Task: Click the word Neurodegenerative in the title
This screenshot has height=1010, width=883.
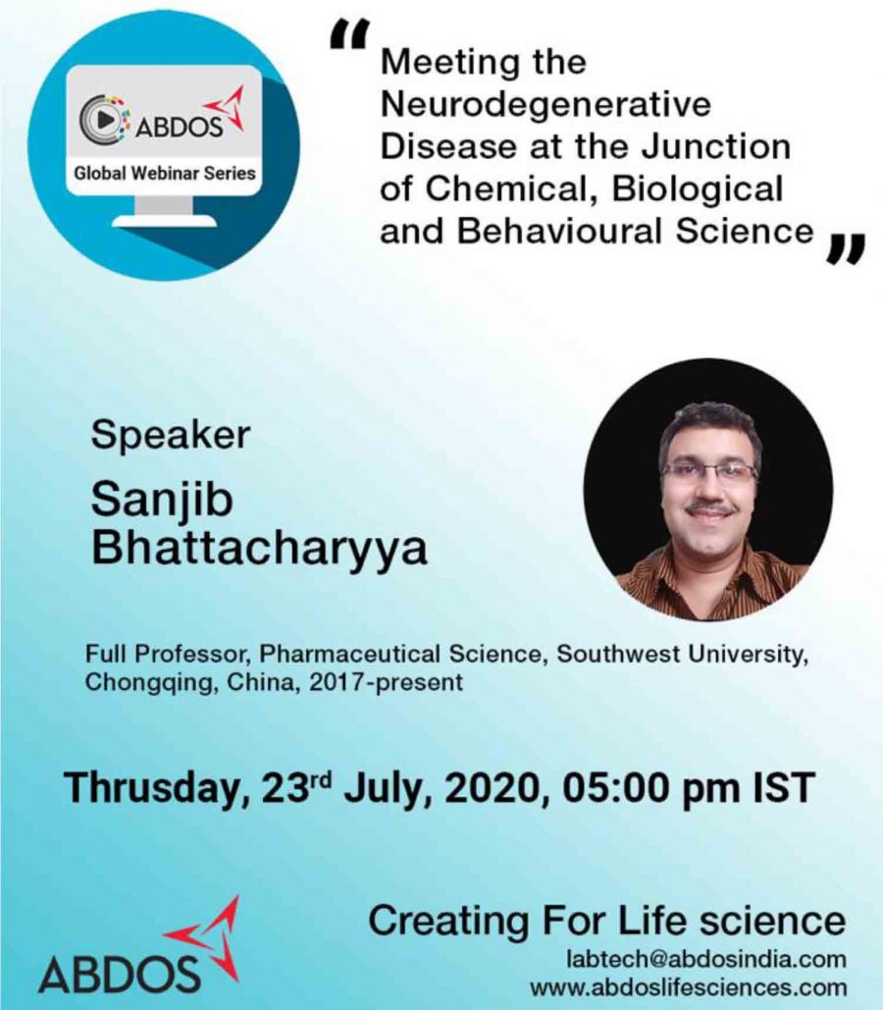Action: click(x=545, y=104)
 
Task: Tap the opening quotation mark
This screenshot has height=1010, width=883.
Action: click(x=349, y=34)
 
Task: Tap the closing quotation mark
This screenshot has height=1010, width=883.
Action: click(x=845, y=248)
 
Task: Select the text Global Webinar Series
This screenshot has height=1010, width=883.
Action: click(x=165, y=174)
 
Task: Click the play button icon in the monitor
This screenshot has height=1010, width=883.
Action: click(x=106, y=119)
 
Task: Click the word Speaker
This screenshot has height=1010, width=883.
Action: click(x=170, y=436)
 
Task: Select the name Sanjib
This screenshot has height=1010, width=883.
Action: click(x=162, y=501)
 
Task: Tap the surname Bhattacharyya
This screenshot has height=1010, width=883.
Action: click(x=259, y=550)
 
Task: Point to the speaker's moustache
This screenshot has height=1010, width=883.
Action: click(x=709, y=509)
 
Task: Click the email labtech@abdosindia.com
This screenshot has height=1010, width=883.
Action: click(x=705, y=959)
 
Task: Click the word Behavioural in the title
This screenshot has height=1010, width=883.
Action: click(x=559, y=232)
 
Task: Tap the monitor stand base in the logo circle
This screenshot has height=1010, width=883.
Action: click(x=163, y=221)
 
